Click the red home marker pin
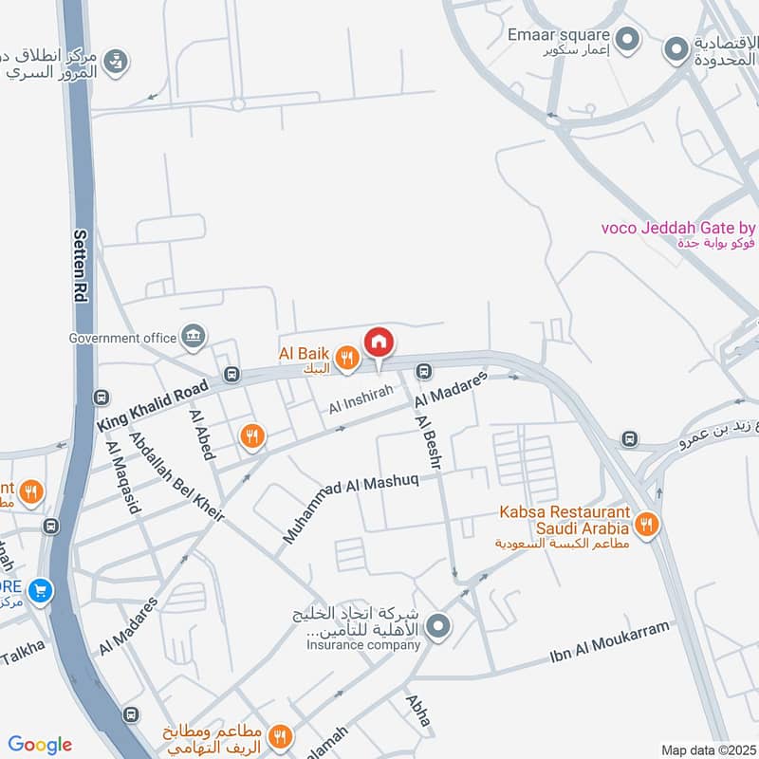(x=379, y=342)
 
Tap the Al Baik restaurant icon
(x=348, y=358)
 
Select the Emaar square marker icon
(x=625, y=40)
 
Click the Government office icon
(x=194, y=336)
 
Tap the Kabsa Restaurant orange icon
(x=646, y=523)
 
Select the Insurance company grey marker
(x=437, y=625)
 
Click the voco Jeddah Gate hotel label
(x=678, y=228)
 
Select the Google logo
(x=40, y=745)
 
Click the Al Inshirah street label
(x=361, y=403)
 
